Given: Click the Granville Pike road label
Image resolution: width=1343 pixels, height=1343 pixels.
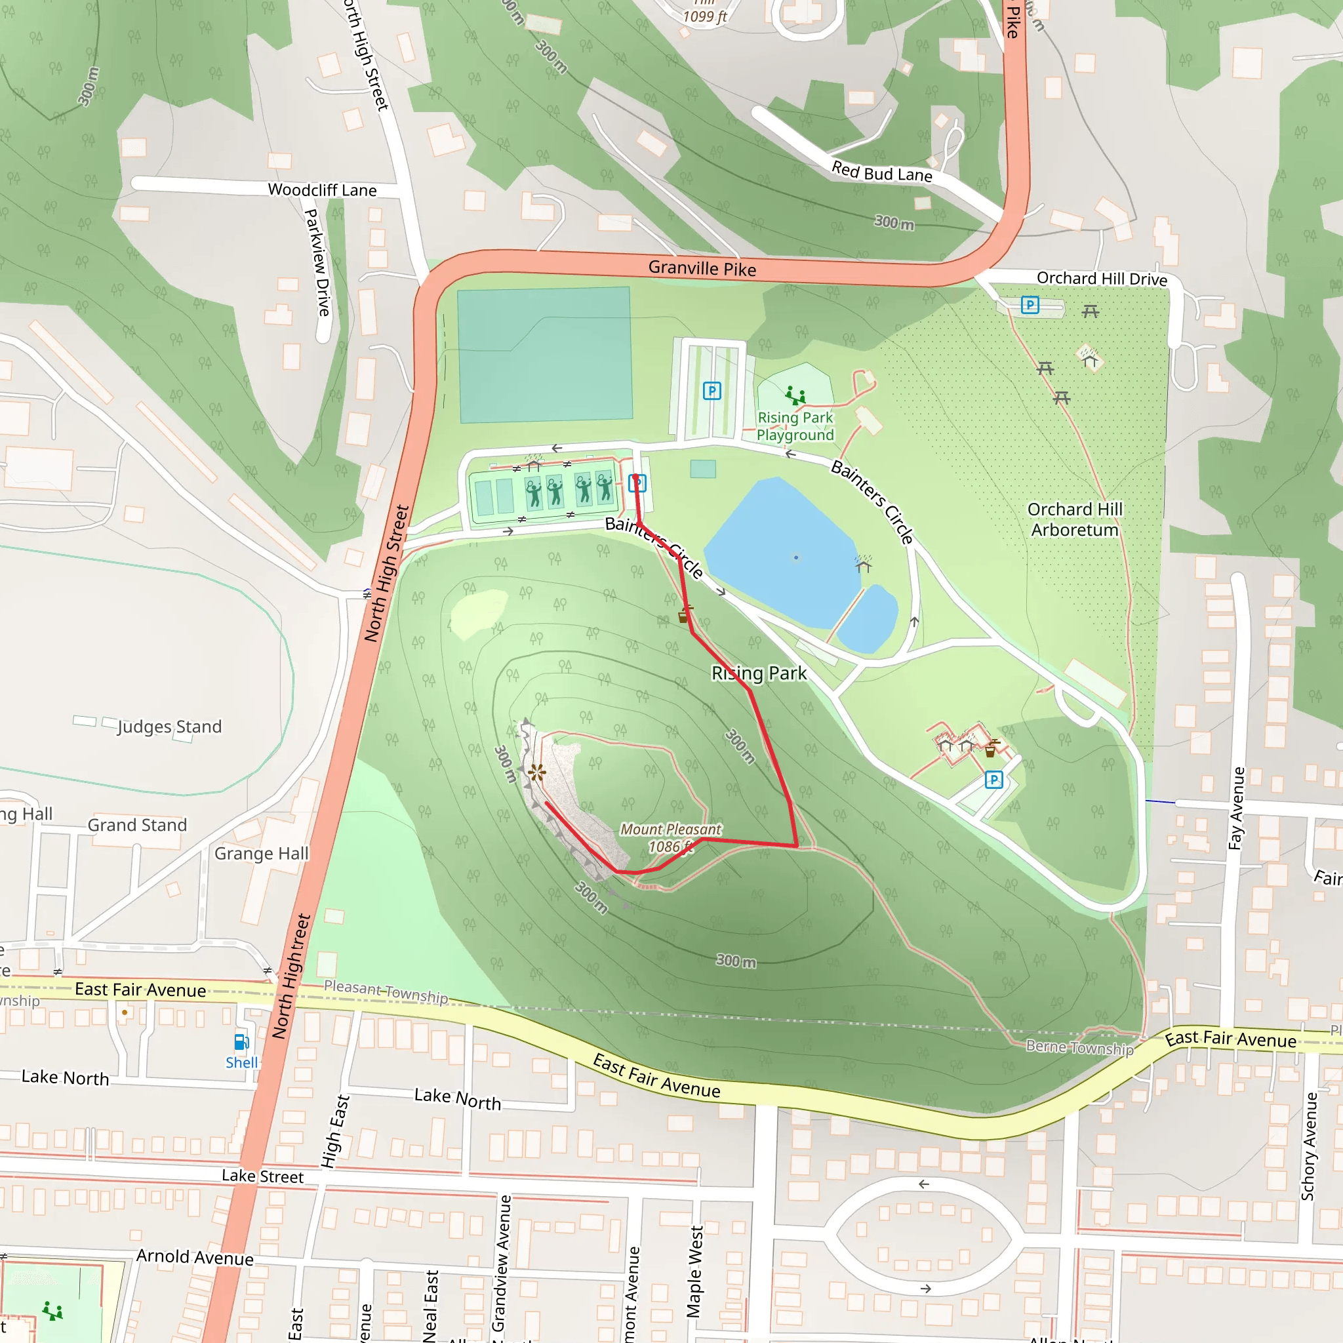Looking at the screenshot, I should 702,268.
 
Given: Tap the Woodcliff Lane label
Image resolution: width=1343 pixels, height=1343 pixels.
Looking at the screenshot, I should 322,190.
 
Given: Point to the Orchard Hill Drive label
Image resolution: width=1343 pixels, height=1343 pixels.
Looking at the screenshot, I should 1102,279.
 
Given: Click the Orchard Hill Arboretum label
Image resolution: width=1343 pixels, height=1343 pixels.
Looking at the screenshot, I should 1075,519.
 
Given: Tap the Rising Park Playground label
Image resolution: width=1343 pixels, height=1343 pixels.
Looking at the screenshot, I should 795,426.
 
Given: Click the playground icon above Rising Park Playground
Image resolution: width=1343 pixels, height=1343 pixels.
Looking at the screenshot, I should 795,395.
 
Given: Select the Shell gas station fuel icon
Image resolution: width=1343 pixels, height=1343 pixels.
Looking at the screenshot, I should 241,1042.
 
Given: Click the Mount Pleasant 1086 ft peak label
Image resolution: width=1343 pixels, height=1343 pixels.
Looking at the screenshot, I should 670,837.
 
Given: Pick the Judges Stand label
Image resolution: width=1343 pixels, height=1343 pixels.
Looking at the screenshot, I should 170,727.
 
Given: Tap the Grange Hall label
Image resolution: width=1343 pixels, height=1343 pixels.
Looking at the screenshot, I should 262,853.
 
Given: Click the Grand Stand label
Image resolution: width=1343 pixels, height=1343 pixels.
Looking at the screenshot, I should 137,825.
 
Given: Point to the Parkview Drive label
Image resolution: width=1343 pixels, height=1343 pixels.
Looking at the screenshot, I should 317,262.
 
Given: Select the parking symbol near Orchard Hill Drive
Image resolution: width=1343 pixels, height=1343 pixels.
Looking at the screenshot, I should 1030,304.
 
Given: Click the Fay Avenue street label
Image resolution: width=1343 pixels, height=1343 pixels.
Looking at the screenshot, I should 1236,808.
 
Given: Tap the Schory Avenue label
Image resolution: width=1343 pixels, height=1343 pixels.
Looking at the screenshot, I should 1309,1146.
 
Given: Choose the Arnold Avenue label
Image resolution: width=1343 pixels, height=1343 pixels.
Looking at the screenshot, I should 195,1257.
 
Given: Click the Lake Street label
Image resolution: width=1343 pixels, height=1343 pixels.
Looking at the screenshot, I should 262,1176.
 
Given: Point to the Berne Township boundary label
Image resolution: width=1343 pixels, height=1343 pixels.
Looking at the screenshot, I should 1079,1047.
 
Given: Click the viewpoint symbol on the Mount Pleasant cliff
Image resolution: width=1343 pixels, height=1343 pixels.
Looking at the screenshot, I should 536,772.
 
